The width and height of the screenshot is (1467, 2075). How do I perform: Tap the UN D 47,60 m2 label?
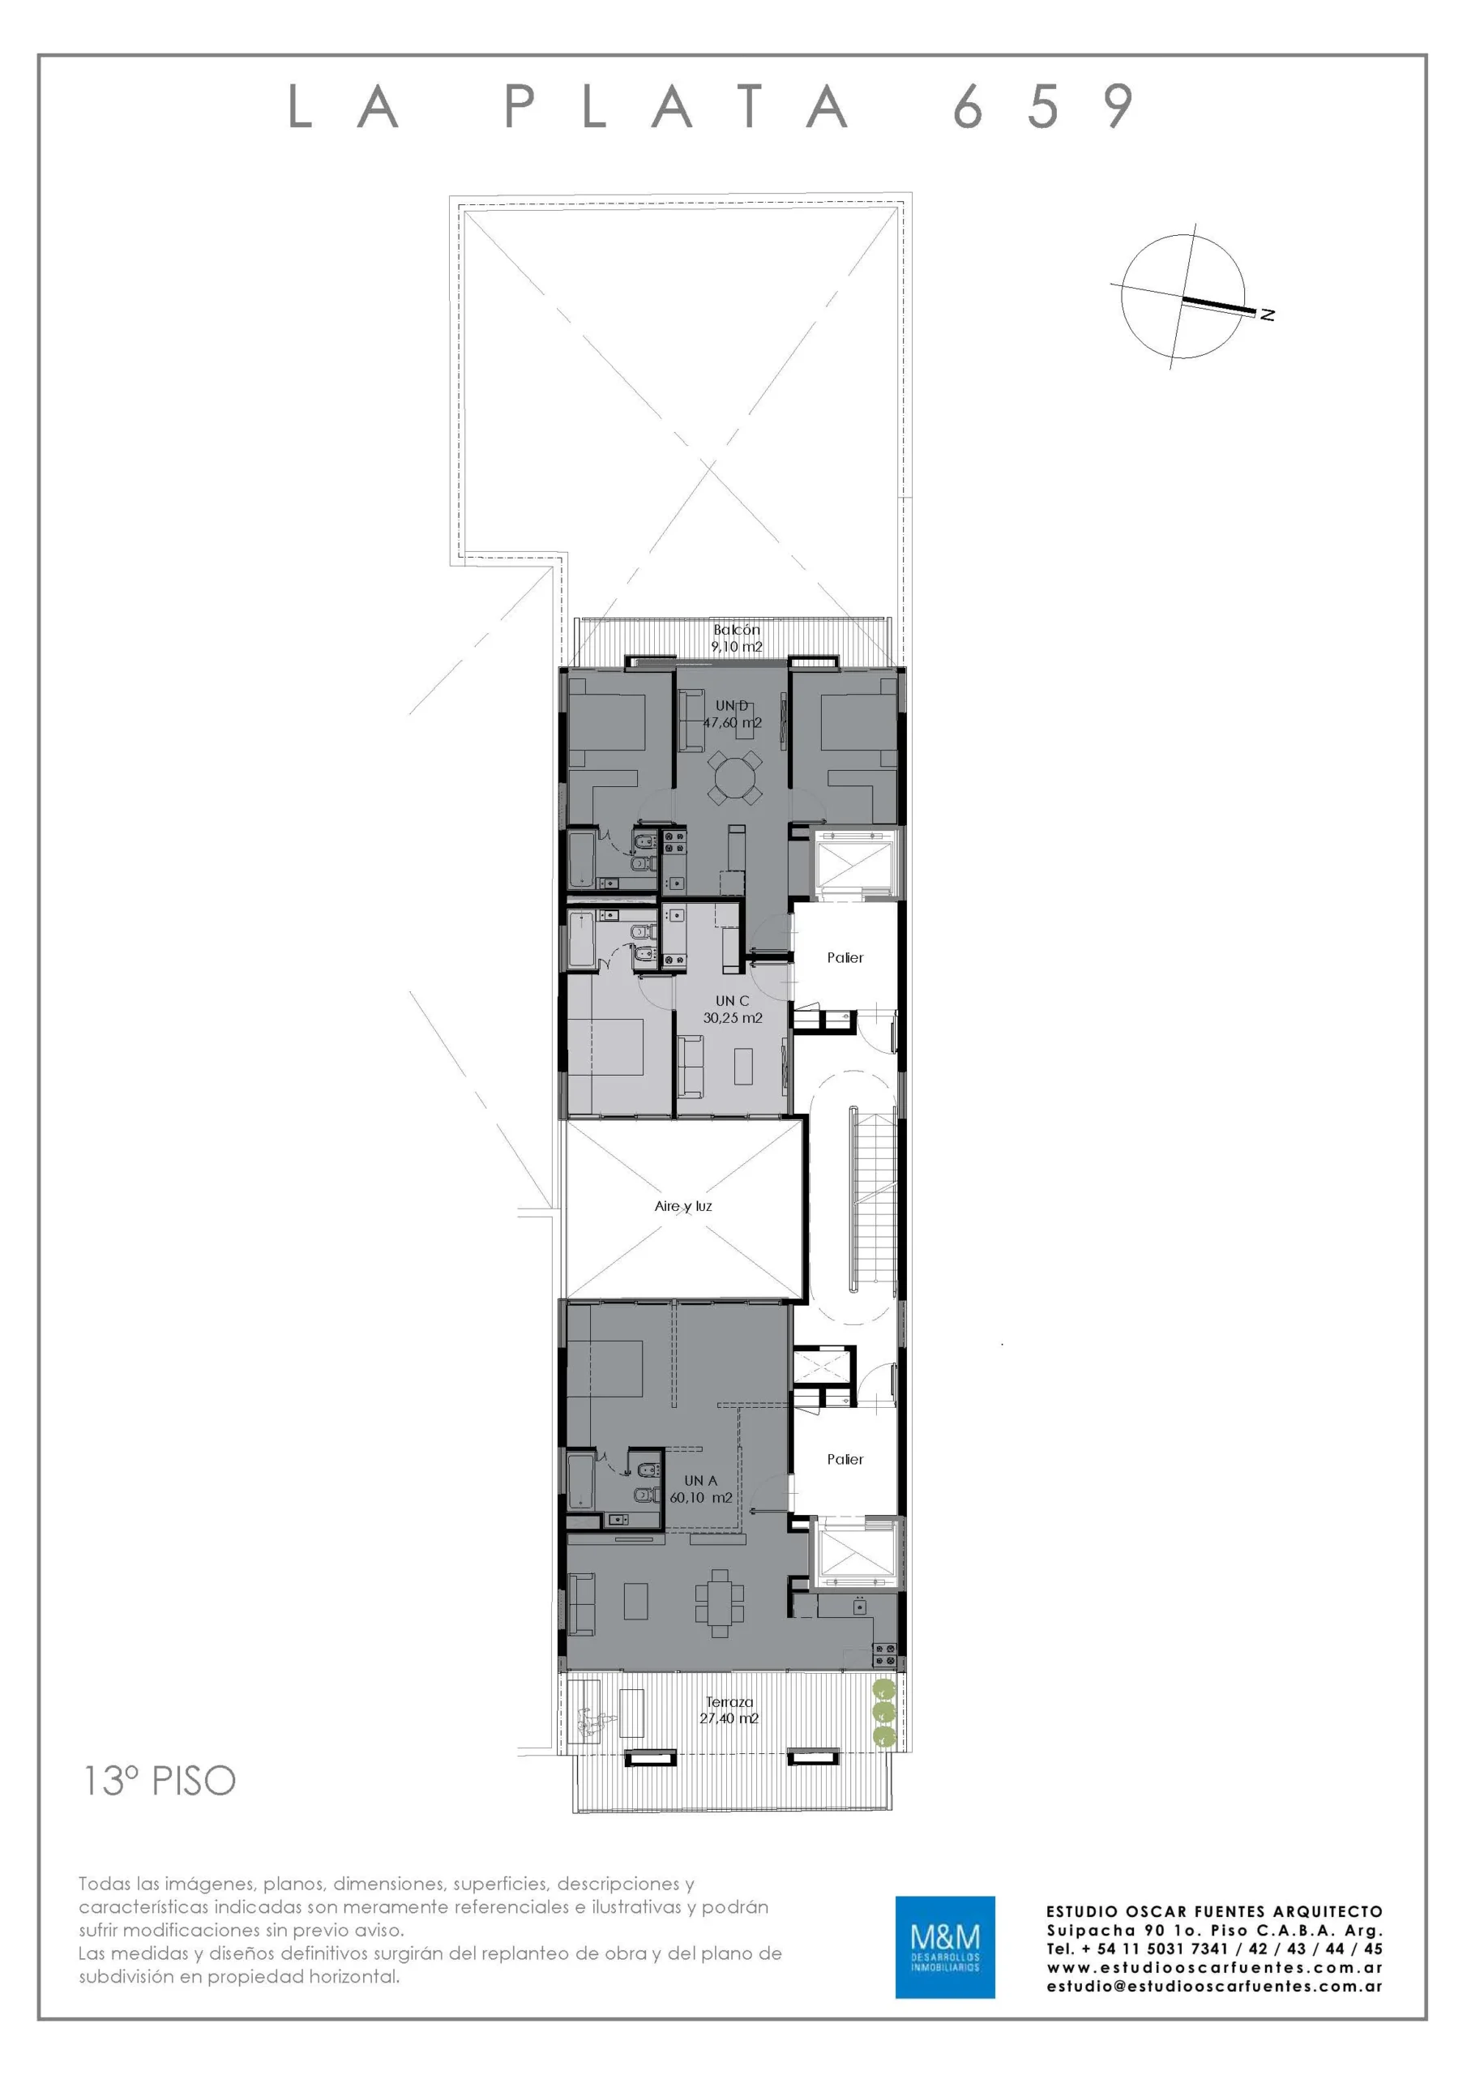(x=732, y=714)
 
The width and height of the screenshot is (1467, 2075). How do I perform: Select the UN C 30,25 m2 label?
(x=732, y=1008)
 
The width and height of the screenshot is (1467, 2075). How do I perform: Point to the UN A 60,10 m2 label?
(x=700, y=1488)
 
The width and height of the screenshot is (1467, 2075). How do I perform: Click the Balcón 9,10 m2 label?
(x=737, y=638)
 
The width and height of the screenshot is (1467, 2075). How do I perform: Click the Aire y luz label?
(x=683, y=1205)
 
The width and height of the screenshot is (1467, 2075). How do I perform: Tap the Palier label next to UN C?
(x=845, y=957)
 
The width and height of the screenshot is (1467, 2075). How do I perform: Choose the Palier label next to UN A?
(x=845, y=1459)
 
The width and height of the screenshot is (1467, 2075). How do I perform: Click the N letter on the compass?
(x=1268, y=314)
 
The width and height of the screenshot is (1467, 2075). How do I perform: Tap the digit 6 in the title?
(x=967, y=107)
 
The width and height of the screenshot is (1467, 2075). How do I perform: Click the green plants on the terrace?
(x=885, y=1711)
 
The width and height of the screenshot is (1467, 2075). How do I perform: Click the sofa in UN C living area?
(x=691, y=1067)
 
